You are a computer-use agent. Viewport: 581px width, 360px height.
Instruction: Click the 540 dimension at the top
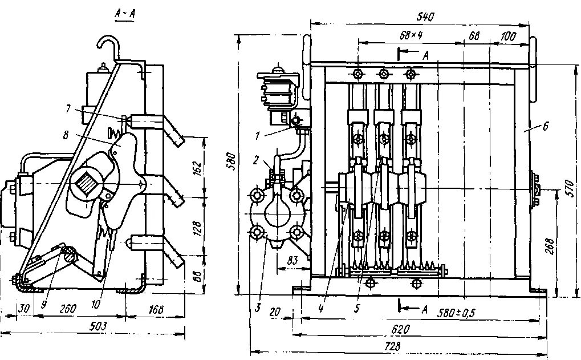(425, 17)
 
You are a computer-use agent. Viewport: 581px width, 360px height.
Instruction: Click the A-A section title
(124, 16)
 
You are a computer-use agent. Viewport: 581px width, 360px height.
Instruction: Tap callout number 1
(258, 136)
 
